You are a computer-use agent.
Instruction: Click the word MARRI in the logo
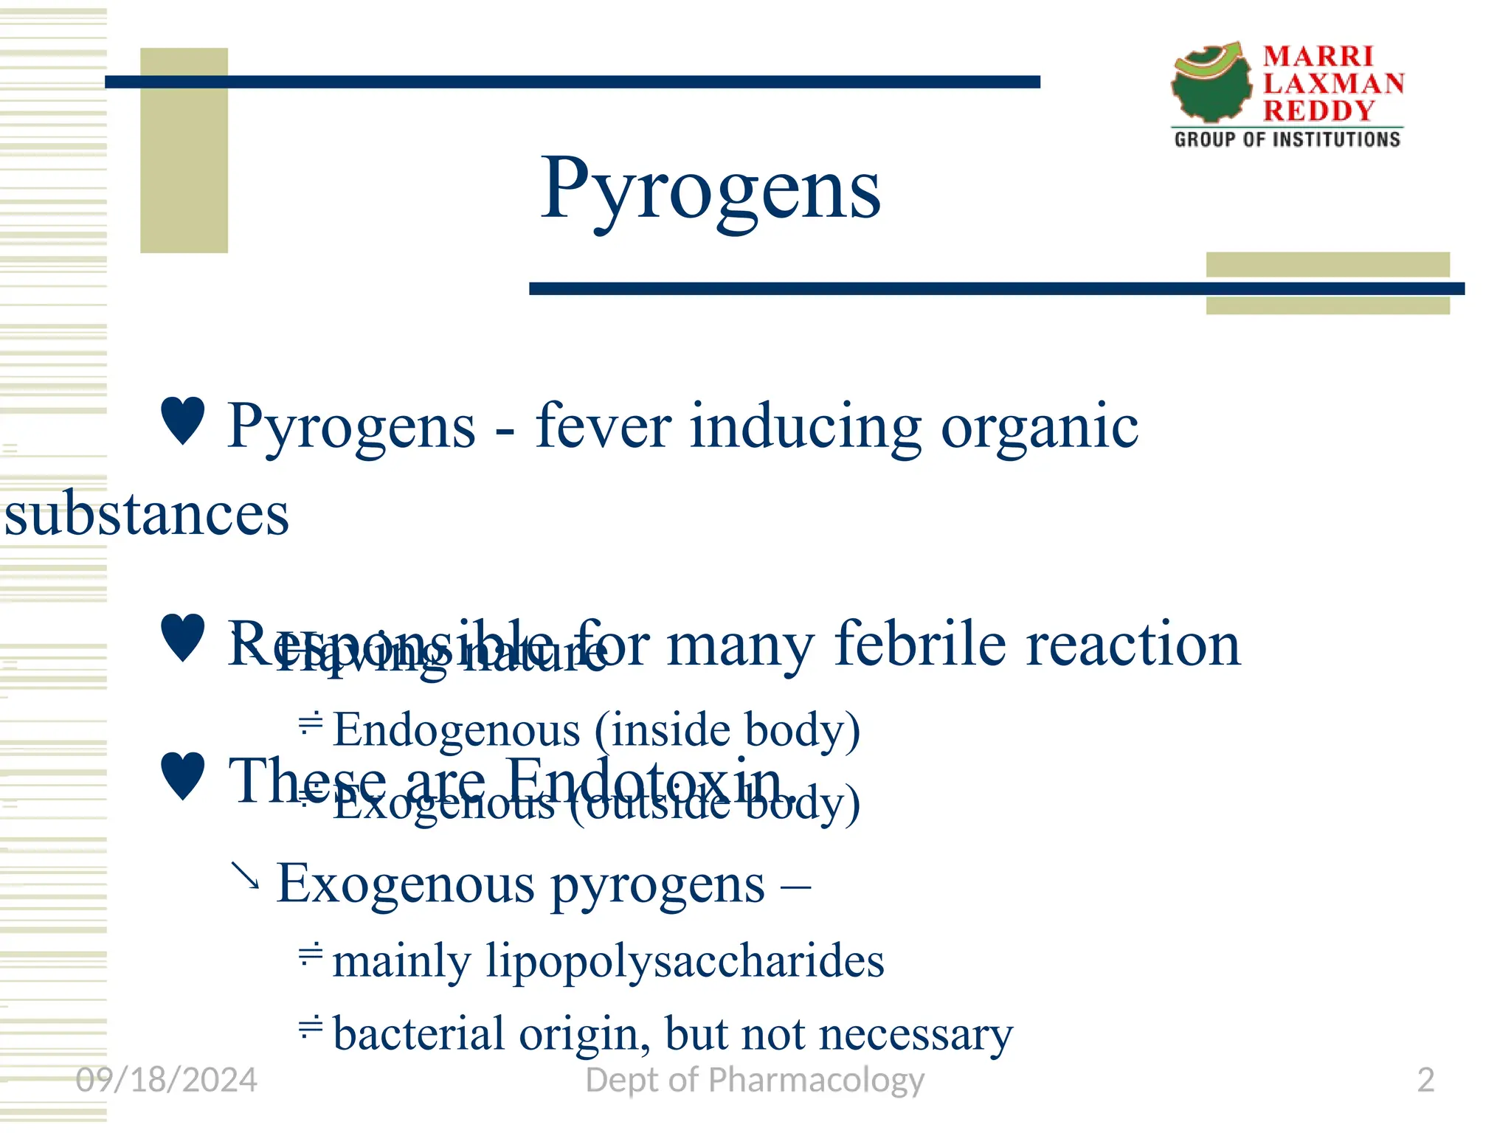[x=1318, y=57]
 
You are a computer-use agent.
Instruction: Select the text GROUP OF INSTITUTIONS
[x=1287, y=139]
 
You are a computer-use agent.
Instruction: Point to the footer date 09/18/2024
[x=166, y=1080]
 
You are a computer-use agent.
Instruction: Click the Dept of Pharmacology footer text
[x=754, y=1080]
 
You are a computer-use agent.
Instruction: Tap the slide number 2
[x=1425, y=1080]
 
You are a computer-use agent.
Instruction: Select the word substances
[x=147, y=513]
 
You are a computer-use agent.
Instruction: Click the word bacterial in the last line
[x=418, y=1033]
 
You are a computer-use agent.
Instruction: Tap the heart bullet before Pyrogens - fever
[x=182, y=420]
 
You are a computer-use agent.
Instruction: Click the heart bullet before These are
[x=182, y=776]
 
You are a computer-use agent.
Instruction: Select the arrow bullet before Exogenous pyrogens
[x=245, y=876]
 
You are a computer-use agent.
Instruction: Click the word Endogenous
[x=457, y=730]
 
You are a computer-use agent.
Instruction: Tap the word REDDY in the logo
[x=1318, y=111]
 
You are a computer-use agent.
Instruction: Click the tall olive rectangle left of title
[x=184, y=150]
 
